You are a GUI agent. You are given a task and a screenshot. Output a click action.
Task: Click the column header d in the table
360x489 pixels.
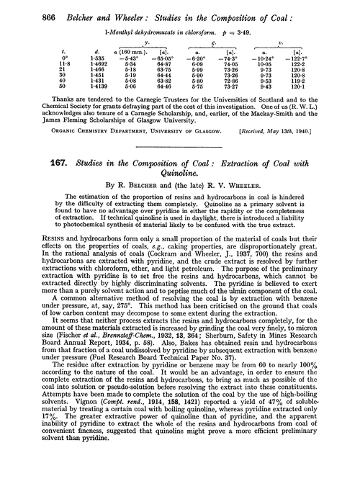click(109, 68)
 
